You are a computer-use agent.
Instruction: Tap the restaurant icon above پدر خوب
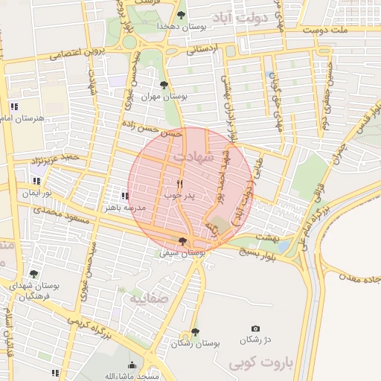[x=179, y=182]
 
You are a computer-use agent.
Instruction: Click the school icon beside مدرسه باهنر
[x=124, y=196]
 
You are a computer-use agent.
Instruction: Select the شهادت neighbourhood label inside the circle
[x=192, y=158]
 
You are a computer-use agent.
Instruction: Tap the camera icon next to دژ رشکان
[x=256, y=328]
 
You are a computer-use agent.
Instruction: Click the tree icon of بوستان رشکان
[x=195, y=332]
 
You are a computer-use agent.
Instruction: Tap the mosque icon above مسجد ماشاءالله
[x=132, y=365]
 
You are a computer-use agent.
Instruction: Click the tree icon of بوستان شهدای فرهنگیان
[x=33, y=274]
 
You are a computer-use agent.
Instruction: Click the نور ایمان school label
[x=37, y=193]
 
